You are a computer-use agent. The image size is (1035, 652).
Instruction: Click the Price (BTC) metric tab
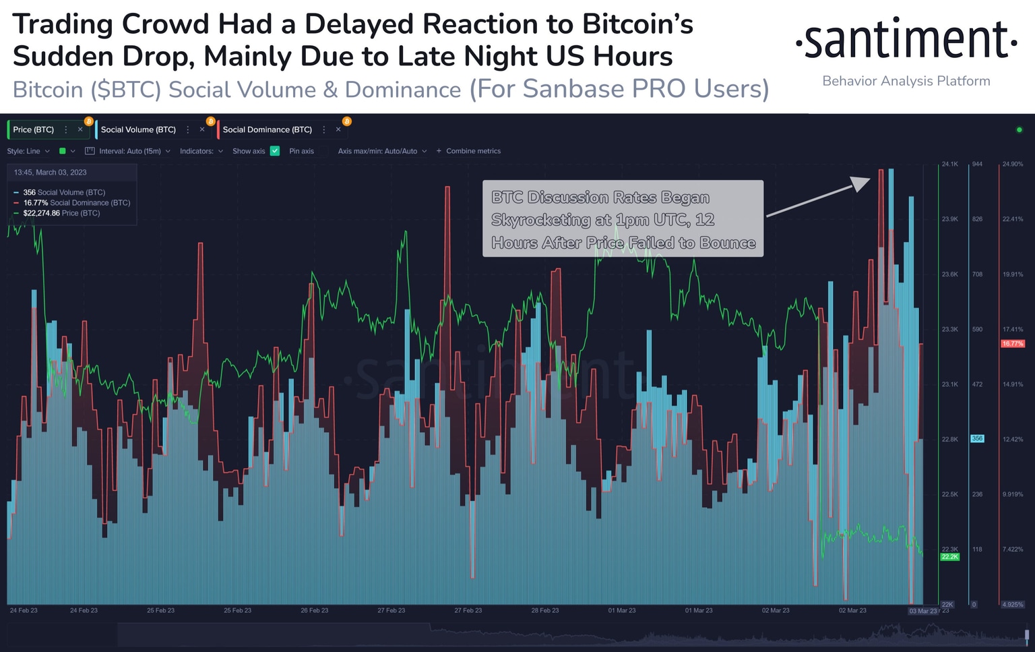[x=33, y=129]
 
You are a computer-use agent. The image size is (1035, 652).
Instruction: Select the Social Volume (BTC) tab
[x=138, y=129]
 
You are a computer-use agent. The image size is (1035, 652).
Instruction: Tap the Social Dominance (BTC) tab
[x=267, y=129]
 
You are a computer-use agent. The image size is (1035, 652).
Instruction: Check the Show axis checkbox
[x=275, y=151]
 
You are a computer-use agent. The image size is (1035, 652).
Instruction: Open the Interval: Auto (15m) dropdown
[x=129, y=151]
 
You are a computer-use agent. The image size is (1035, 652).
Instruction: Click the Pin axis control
[x=301, y=151]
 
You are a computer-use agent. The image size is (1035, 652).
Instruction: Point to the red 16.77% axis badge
[x=1012, y=344]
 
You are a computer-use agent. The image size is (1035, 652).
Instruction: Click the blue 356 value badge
[x=977, y=439]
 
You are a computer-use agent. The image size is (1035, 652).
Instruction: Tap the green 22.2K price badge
[x=949, y=557]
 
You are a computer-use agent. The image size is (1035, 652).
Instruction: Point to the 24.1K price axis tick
[x=949, y=164]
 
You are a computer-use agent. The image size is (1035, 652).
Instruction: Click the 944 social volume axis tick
[x=977, y=164]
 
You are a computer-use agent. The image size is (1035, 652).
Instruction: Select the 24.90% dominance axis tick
[x=1012, y=164]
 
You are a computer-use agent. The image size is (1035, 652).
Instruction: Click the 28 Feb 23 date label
[x=544, y=610]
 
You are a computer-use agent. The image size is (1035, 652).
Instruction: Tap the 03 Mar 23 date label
[x=922, y=611]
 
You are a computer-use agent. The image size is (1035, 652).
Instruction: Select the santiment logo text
[x=906, y=40]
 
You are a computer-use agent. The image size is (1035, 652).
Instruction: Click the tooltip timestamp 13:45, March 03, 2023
[x=50, y=173]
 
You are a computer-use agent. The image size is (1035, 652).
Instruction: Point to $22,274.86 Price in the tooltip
[x=61, y=213]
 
